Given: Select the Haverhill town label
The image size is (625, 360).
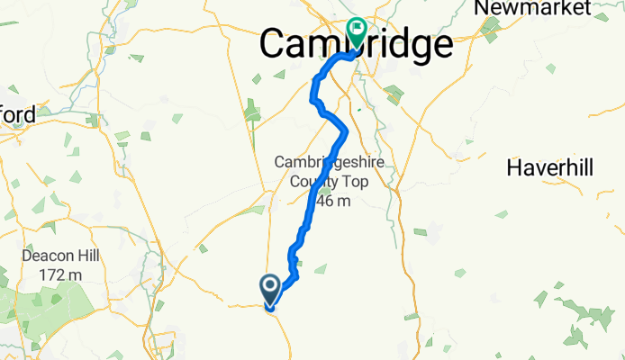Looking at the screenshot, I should [552, 167].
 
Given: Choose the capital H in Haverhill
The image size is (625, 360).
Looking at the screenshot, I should [514, 167].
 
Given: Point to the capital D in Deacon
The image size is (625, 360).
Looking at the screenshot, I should [27, 256].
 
